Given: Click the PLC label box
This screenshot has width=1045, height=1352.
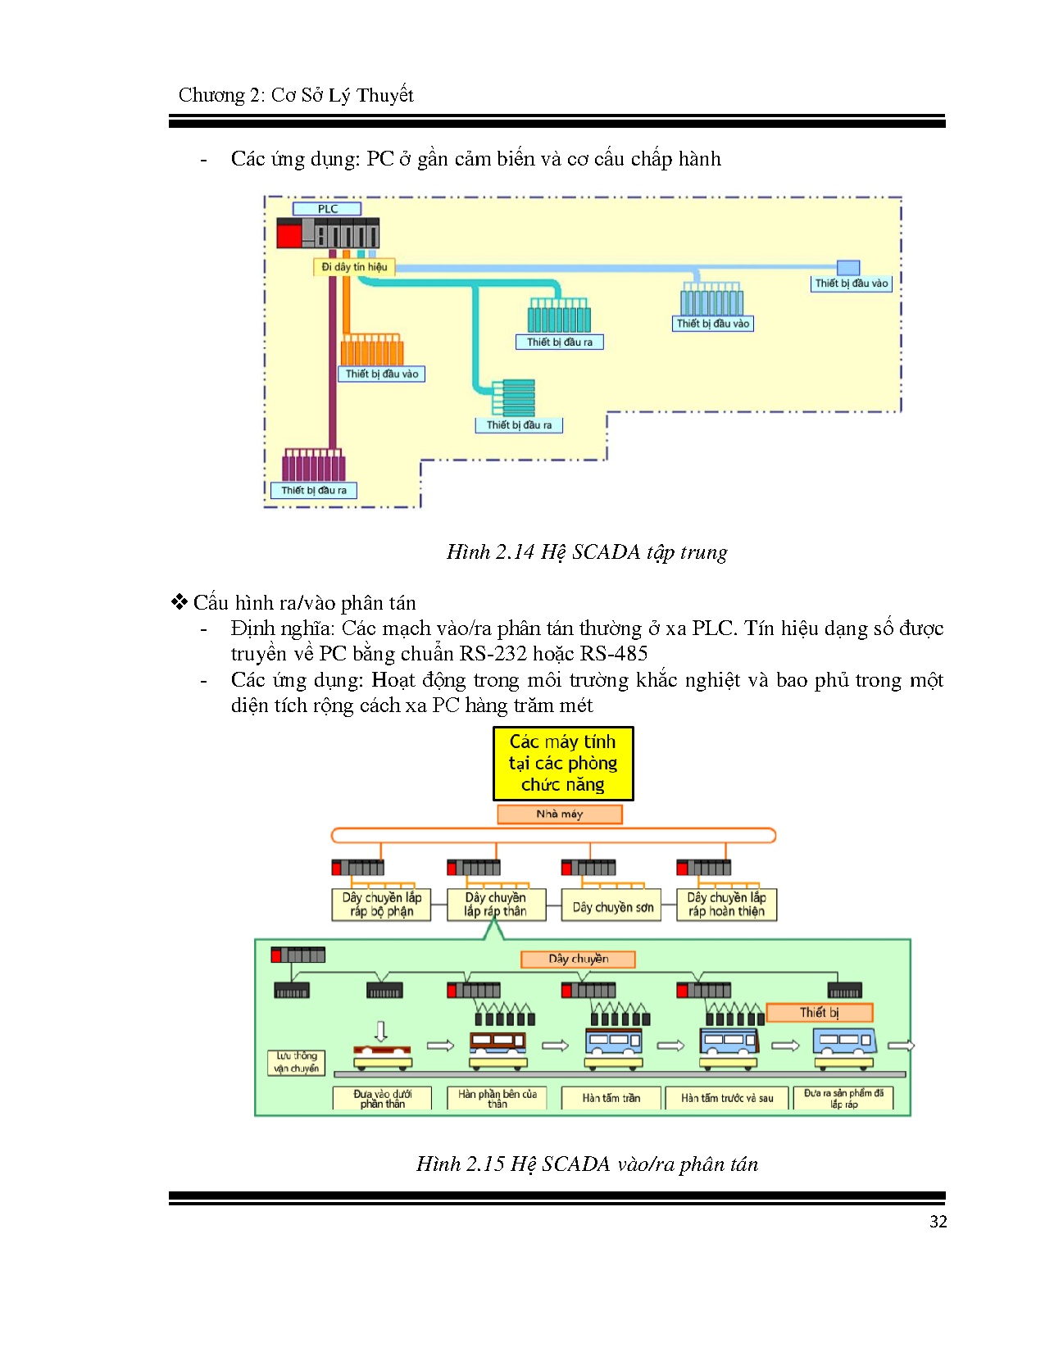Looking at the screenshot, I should (327, 209).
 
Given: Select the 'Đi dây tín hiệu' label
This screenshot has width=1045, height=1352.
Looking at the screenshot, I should (354, 267).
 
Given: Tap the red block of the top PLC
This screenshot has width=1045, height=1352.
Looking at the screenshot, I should (289, 236).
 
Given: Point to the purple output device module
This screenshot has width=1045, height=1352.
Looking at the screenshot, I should (313, 467).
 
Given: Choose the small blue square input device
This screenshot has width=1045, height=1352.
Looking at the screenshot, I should (848, 268).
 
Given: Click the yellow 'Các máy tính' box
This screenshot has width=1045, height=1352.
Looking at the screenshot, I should (563, 764).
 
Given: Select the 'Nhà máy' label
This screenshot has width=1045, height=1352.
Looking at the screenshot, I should (560, 814).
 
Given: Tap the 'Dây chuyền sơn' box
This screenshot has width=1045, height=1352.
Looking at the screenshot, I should (612, 907).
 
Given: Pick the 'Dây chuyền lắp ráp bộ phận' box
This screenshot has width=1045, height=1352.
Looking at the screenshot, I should (381, 905).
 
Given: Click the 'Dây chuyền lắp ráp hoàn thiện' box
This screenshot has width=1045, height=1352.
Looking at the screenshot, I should (726, 905).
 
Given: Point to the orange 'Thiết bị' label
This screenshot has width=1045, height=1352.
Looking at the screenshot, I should (819, 1013).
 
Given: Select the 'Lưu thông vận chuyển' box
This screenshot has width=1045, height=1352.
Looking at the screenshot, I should (296, 1062).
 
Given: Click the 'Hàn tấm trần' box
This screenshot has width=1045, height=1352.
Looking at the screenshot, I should (611, 1098).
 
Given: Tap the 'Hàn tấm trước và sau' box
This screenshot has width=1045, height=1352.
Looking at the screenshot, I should (727, 1098).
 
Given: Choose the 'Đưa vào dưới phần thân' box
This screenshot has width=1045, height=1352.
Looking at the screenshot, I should (382, 1099).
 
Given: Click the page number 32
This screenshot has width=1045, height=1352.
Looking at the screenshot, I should (938, 1222).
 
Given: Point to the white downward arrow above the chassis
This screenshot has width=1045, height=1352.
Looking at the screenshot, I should (380, 1031).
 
